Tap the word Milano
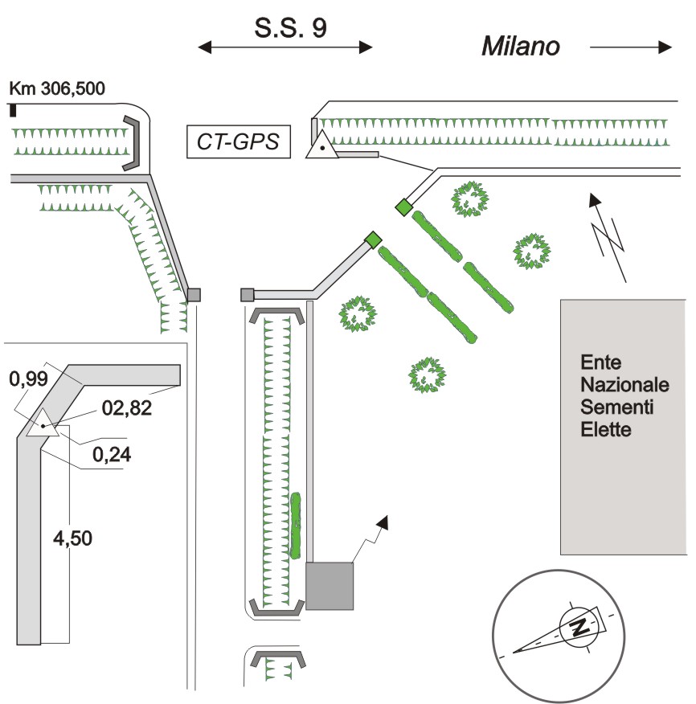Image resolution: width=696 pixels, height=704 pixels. [x=520, y=47]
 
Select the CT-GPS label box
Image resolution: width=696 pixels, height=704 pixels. [x=239, y=141]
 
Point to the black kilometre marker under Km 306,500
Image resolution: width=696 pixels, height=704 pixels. [x=13, y=111]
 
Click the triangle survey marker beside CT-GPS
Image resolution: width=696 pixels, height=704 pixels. [x=322, y=145]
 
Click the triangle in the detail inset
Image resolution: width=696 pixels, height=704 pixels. [x=42, y=423]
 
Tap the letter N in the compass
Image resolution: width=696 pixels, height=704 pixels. [x=577, y=627]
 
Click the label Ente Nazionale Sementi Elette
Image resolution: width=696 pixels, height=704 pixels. [x=616, y=395]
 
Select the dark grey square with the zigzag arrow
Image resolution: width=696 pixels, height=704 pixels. [x=330, y=585]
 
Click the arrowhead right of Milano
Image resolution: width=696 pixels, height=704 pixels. [x=664, y=47]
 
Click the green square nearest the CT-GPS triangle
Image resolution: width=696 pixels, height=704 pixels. [x=403, y=208]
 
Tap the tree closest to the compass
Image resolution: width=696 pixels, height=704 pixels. [x=427, y=373]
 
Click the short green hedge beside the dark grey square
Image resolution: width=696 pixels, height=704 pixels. [x=296, y=526]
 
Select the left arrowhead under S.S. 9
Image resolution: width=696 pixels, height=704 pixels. [x=206, y=48]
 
